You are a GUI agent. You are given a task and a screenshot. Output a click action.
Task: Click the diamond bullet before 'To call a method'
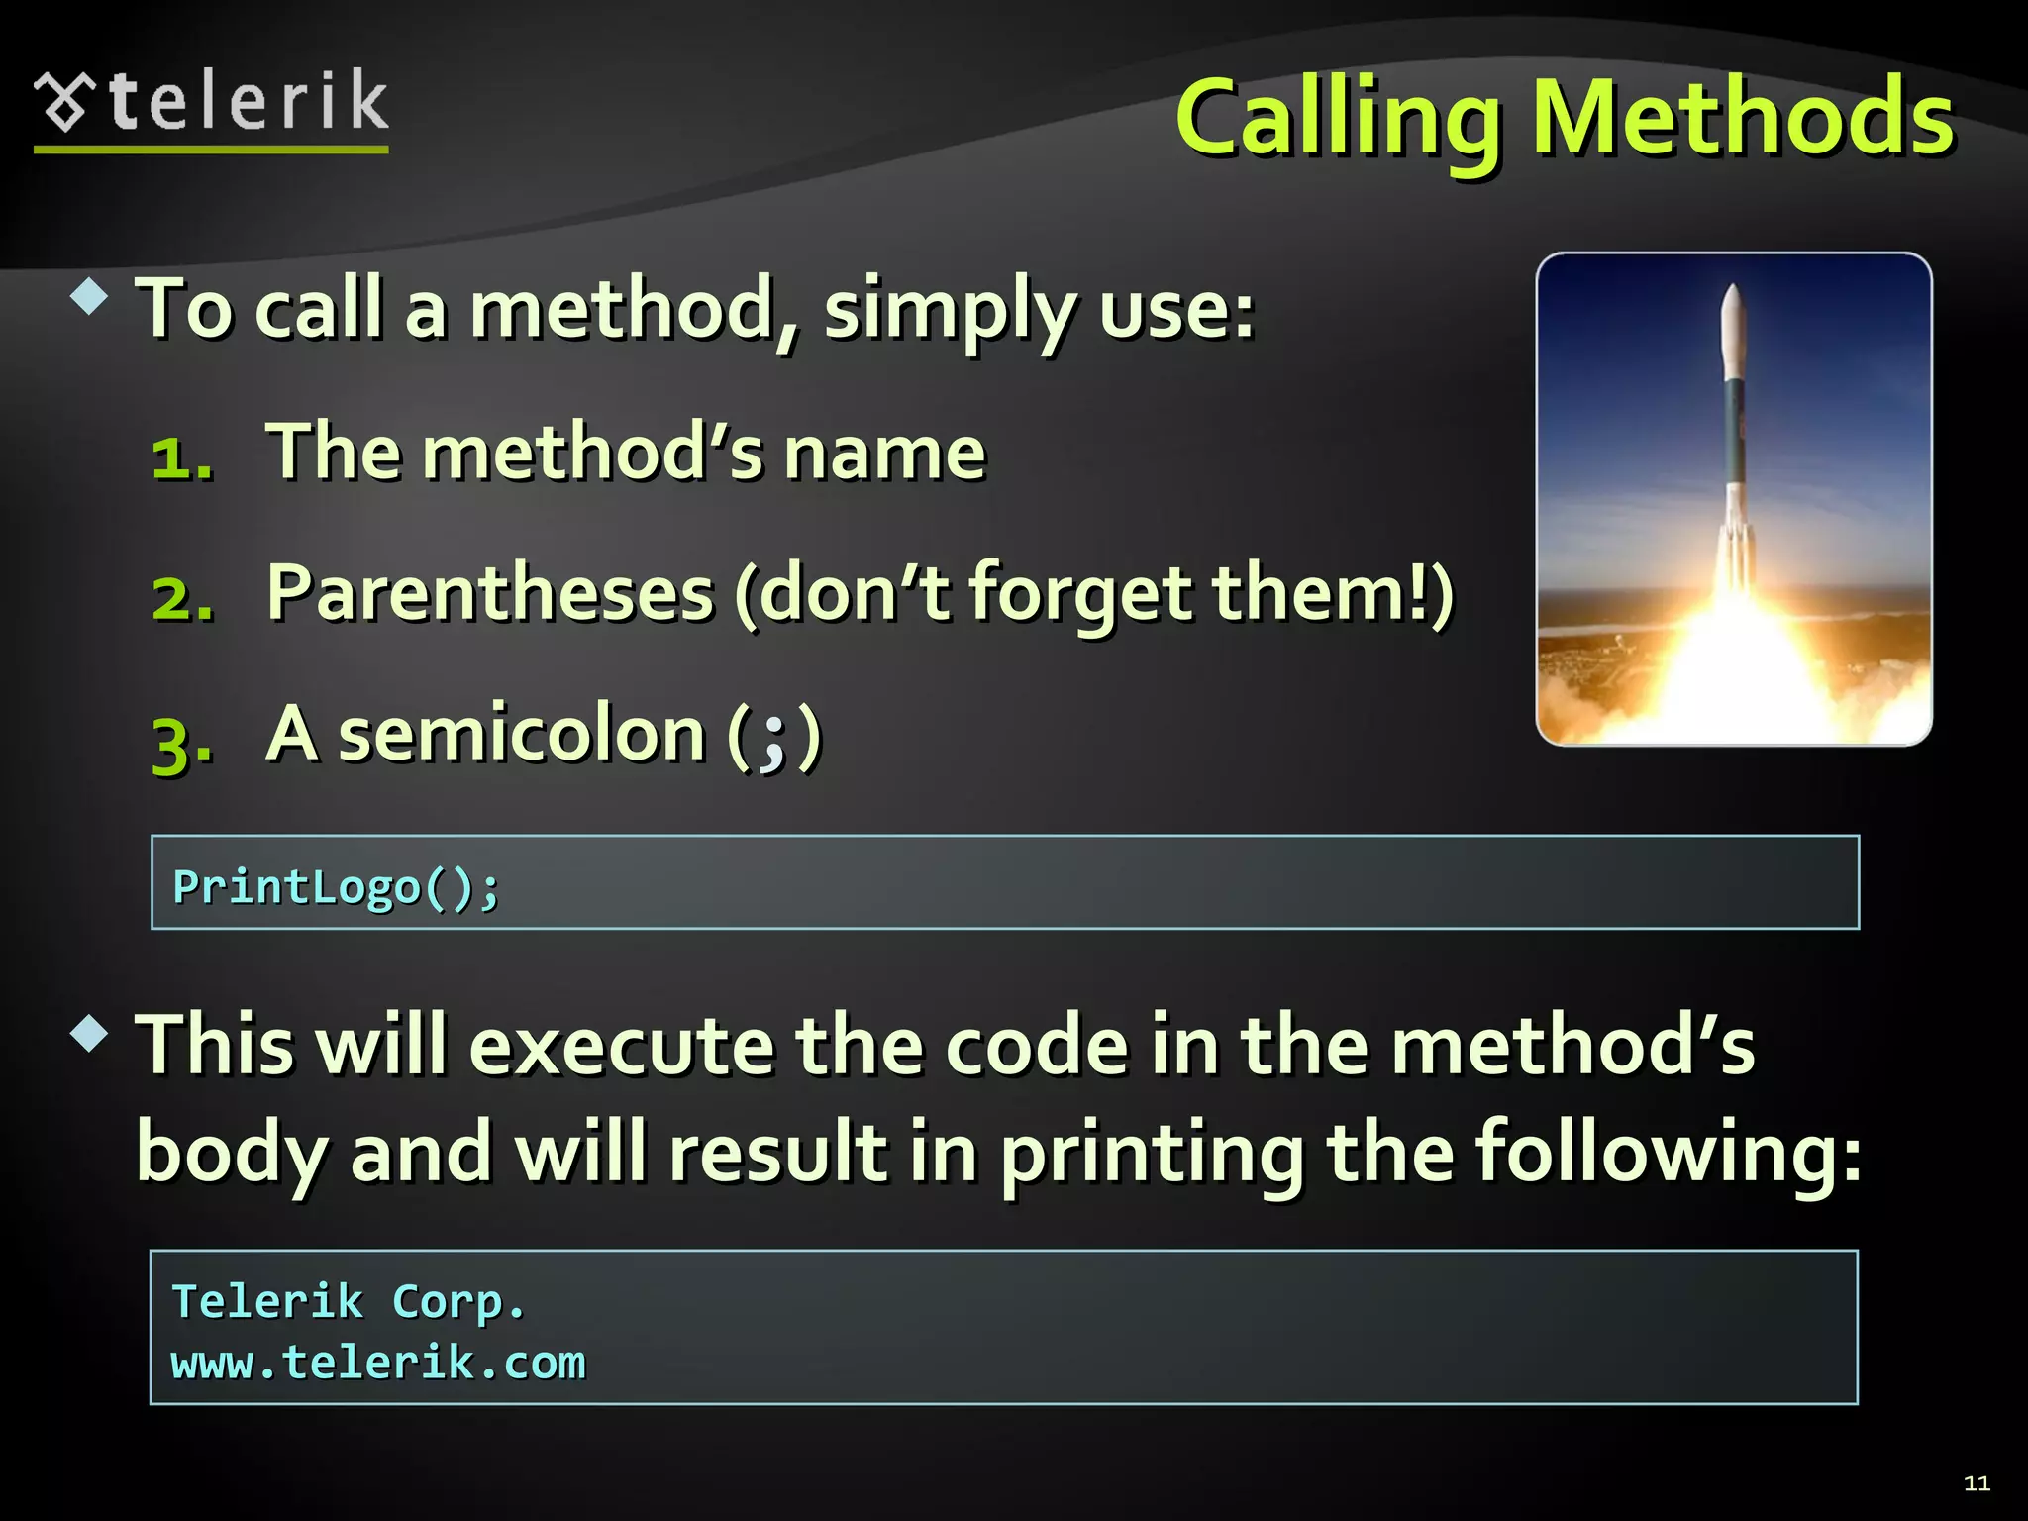pyautogui.click(x=89, y=297)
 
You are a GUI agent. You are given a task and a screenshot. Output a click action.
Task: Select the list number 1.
pyautogui.click(x=182, y=458)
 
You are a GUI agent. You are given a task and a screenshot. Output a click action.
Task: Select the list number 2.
pyautogui.click(x=182, y=598)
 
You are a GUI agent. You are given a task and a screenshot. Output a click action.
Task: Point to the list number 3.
pyautogui.click(x=182, y=743)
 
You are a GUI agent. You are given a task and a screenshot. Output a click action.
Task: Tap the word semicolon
pyautogui.click(x=522, y=735)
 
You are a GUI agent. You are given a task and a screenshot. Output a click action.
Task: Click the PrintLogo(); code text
pyautogui.click(x=337, y=885)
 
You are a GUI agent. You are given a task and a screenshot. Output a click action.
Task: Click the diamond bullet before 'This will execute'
pyautogui.click(x=89, y=1034)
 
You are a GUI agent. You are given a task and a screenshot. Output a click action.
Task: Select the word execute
pyautogui.click(x=621, y=1046)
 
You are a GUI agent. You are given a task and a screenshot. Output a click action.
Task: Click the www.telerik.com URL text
pyautogui.click(x=378, y=1363)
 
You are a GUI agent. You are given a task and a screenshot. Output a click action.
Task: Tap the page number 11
pyautogui.click(x=1977, y=1483)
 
